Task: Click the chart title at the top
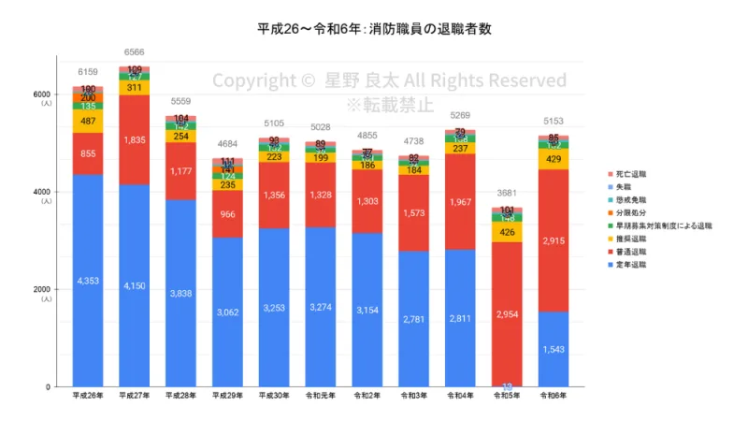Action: point(375,28)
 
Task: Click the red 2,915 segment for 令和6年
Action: point(554,240)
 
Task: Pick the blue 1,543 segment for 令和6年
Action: point(554,349)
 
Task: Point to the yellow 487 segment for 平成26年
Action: point(87,121)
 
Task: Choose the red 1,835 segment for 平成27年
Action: point(134,139)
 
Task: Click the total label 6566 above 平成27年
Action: point(134,52)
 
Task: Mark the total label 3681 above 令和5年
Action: point(507,194)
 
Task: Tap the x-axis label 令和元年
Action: point(321,397)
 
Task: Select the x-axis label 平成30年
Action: point(274,397)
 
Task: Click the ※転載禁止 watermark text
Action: point(390,104)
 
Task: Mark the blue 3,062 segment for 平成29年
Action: point(227,312)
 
